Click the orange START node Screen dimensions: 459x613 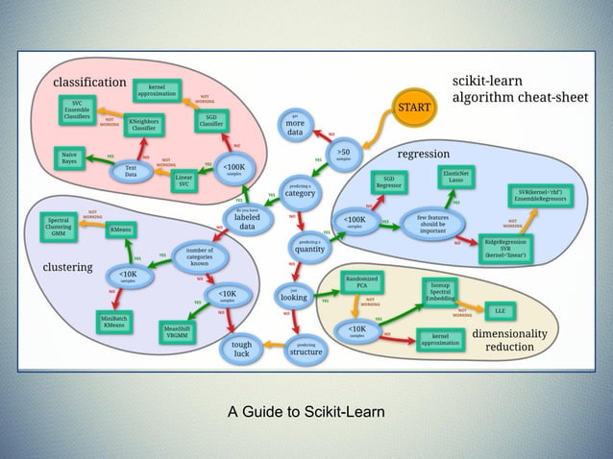point(414,108)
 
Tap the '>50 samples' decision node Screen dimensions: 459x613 point(343,153)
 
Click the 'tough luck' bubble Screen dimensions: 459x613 point(242,348)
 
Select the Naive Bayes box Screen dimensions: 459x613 point(70,157)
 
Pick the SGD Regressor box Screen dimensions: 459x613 point(387,182)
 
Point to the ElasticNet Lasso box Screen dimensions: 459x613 point(455,176)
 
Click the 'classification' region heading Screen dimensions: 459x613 point(88,82)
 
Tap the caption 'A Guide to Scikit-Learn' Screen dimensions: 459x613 point(306,413)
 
